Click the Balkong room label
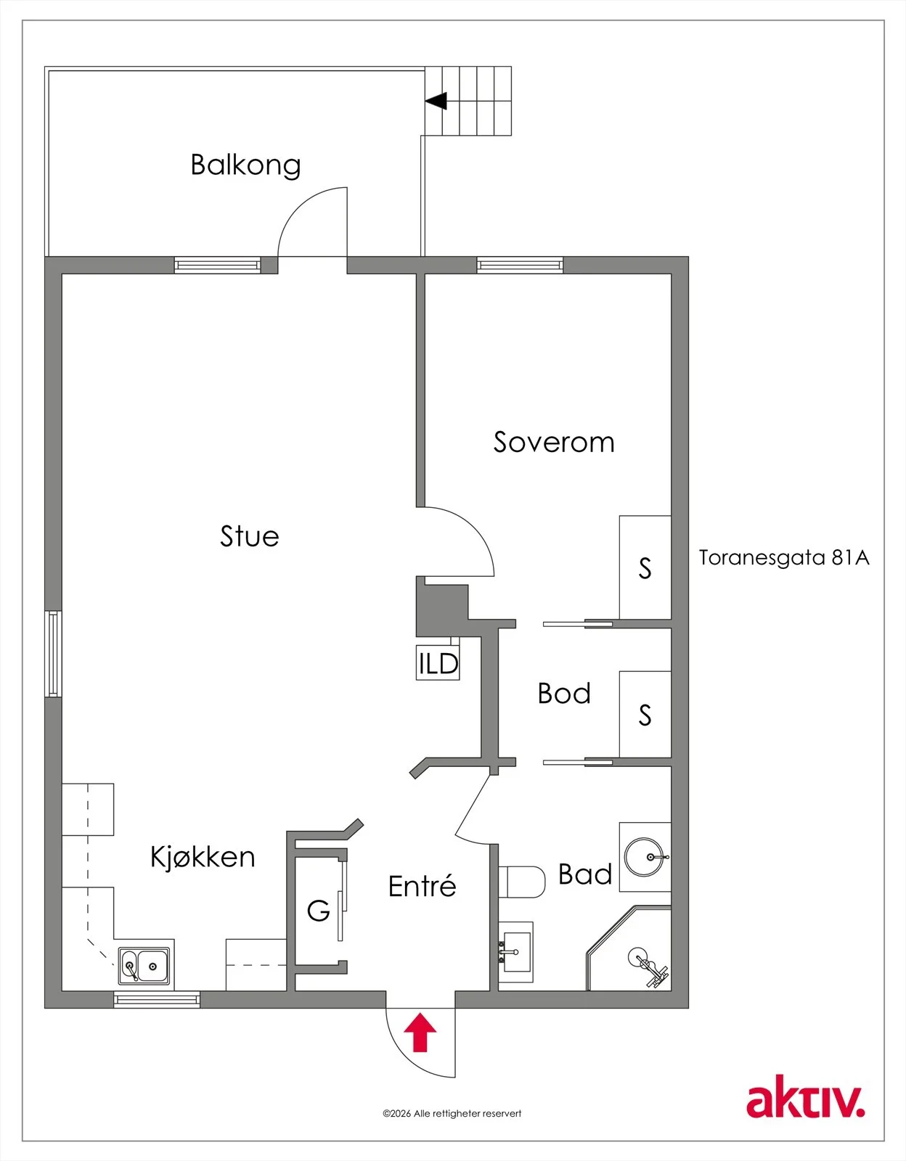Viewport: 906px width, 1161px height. [246, 165]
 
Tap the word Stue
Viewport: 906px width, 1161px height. [250, 536]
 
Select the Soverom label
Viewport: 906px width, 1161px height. [554, 442]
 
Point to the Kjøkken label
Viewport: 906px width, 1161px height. [203, 858]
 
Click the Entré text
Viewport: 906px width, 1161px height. [423, 886]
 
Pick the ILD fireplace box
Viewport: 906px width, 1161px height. [438, 662]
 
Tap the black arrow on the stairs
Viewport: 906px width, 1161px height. [436, 100]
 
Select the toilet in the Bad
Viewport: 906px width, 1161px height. [522, 882]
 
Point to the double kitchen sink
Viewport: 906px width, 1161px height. [144, 966]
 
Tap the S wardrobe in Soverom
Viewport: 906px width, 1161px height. [645, 567]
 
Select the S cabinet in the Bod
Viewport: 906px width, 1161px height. [645, 714]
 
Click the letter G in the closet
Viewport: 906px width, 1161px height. [319, 911]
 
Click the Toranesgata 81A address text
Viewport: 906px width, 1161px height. [784, 558]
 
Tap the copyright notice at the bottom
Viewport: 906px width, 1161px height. [452, 1114]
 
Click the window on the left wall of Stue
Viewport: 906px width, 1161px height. [53, 654]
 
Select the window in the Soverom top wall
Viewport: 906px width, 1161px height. [520, 265]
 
